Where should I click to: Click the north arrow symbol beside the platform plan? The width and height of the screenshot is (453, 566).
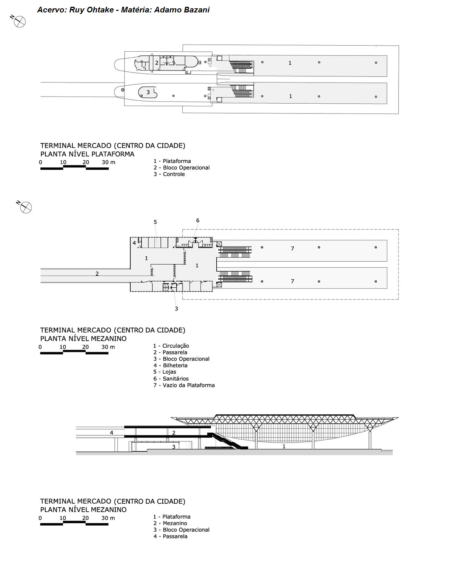pyautogui.click(x=19, y=22)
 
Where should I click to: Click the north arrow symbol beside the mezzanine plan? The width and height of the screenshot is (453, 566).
pyautogui.click(x=26, y=207)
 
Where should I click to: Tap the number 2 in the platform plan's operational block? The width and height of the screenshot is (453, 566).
pyautogui.click(x=157, y=63)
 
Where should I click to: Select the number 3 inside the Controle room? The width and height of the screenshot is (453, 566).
pyautogui.click(x=148, y=92)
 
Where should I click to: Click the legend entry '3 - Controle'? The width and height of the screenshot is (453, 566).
pyautogui.click(x=169, y=174)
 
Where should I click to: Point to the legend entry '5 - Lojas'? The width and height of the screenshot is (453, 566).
pyautogui.click(x=165, y=372)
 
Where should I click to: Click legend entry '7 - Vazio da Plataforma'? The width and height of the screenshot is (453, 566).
pyautogui.click(x=184, y=385)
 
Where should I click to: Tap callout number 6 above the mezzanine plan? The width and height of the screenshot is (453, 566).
pyautogui.click(x=197, y=221)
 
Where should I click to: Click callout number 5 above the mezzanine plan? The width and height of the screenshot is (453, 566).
pyautogui.click(x=155, y=222)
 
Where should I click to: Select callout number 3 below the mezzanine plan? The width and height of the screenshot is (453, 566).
pyautogui.click(x=176, y=308)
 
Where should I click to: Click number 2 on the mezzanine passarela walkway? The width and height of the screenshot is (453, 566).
pyautogui.click(x=97, y=274)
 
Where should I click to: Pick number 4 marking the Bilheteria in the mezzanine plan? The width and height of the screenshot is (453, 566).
pyautogui.click(x=134, y=243)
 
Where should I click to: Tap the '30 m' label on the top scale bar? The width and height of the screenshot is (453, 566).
pyautogui.click(x=108, y=162)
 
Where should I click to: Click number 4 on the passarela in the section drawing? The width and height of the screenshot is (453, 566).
pyautogui.click(x=111, y=433)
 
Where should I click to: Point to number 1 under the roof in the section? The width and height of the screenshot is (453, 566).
pyautogui.click(x=284, y=446)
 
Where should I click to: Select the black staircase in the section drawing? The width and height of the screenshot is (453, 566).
pyautogui.click(x=226, y=441)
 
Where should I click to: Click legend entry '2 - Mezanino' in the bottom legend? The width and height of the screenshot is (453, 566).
pyautogui.click(x=170, y=523)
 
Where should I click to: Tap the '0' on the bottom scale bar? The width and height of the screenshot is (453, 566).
pyautogui.click(x=40, y=518)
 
